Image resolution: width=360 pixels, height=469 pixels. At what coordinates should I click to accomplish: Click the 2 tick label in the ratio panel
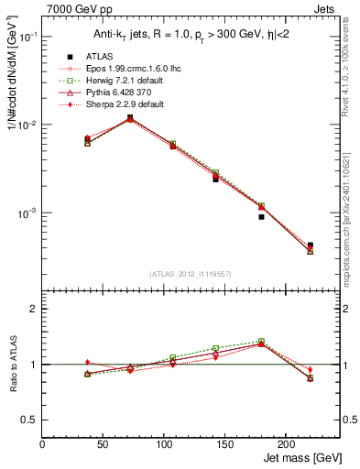click(x=33, y=309)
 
